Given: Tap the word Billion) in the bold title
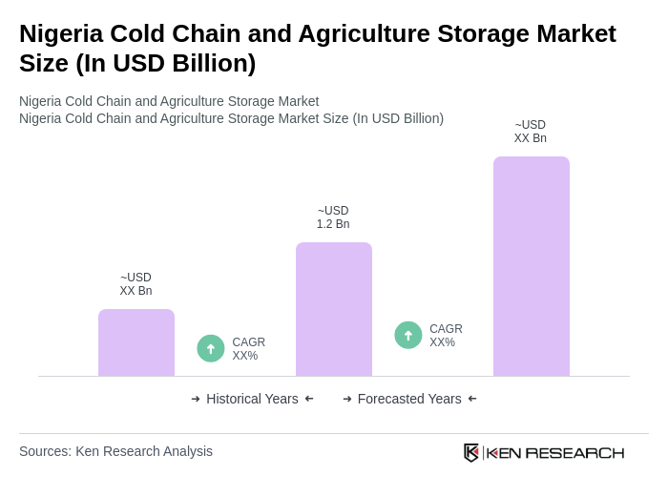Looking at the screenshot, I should [x=210, y=63].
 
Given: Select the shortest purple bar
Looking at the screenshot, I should [x=136, y=342].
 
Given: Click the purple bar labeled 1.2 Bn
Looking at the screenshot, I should [x=333, y=309].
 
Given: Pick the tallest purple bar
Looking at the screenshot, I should [x=531, y=266].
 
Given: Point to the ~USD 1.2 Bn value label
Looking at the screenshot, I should [x=333, y=217].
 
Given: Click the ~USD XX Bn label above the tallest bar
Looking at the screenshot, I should [x=531, y=132].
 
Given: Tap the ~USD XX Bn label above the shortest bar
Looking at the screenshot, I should [x=136, y=284].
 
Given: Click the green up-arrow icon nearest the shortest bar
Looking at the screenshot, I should [x=211, y=348].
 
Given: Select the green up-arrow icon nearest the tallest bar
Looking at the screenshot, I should [x=408, y=335].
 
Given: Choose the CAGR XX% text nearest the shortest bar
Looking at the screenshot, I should [x=248, y=349].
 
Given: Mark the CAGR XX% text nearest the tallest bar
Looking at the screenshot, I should [x=446, y=336].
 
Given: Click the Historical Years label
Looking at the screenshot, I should [x=252, y=399].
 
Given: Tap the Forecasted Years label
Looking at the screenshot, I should [x=409, y=399].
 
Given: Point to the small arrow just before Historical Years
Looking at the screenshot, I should [x=196, y=399].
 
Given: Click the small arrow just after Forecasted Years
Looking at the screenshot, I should [x=472, y=399].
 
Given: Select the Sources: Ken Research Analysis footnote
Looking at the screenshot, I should [x=115, y=451].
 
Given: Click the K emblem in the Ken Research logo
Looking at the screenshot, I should [x=471, y=452].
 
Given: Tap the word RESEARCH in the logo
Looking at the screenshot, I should [x=574, y=452].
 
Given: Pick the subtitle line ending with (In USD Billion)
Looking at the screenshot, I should [x=231, y=118].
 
